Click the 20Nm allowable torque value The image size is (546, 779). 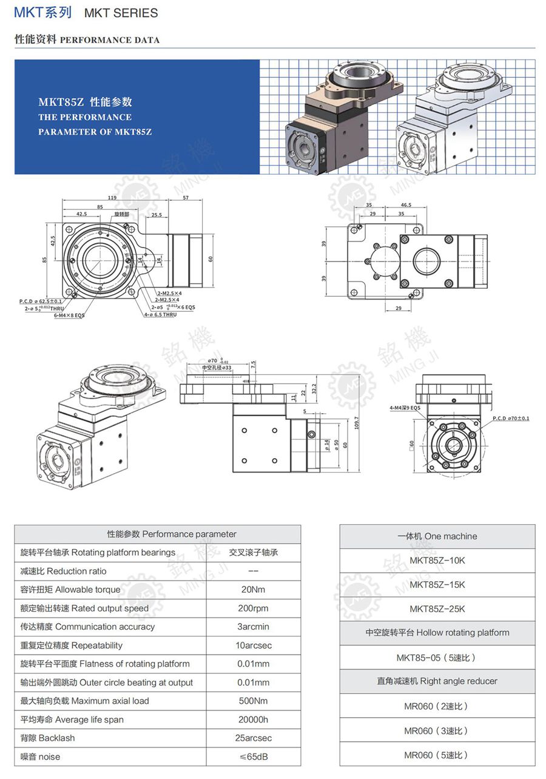(254, 590)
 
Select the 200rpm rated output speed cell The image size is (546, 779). (254, 608)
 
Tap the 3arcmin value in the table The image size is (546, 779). (254, 627)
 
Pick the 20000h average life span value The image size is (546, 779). (254, 720)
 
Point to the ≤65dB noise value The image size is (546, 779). (254, 757)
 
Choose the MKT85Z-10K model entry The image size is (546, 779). (437, 561)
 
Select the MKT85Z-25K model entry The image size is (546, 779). (437, 609)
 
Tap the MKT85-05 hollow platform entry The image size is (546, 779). (437, 658)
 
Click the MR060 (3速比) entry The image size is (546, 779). (437, 731)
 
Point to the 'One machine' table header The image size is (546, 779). (437, 536)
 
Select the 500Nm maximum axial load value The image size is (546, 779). (254, 701)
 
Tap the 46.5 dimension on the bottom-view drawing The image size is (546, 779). (406, 205)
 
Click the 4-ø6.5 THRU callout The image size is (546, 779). (160, 314)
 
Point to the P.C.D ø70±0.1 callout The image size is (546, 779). (511, 419)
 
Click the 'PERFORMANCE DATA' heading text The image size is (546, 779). (110, 40)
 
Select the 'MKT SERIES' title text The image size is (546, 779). (121, 13)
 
